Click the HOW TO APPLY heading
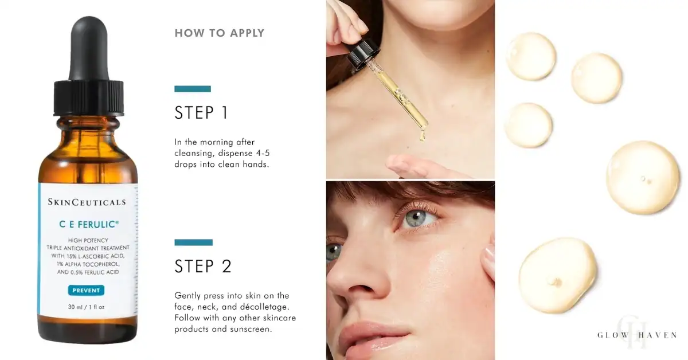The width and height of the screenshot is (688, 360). coord(219,33)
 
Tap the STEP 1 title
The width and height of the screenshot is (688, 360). coord(201,112)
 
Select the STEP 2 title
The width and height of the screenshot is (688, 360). coord(203,266)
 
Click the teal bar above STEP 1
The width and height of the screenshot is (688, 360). coord(193,89)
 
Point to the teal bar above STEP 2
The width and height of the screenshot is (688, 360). coord(194,242)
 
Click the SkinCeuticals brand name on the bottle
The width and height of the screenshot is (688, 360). coord(87,202)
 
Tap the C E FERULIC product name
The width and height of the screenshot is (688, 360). coord(89,224)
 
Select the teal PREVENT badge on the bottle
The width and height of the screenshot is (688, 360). coord(86,290)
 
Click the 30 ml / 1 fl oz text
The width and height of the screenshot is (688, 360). coord(87,307)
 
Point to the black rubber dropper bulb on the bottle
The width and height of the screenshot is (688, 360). coord(89,48)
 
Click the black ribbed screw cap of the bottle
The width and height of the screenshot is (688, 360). coord(89,97)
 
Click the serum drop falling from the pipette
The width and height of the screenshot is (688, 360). coord(423,136)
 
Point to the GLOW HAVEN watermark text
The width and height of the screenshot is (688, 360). coord(637,335)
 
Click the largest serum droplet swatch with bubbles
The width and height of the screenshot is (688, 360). coord(643,177)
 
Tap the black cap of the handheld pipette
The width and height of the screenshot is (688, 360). coord(363,53)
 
